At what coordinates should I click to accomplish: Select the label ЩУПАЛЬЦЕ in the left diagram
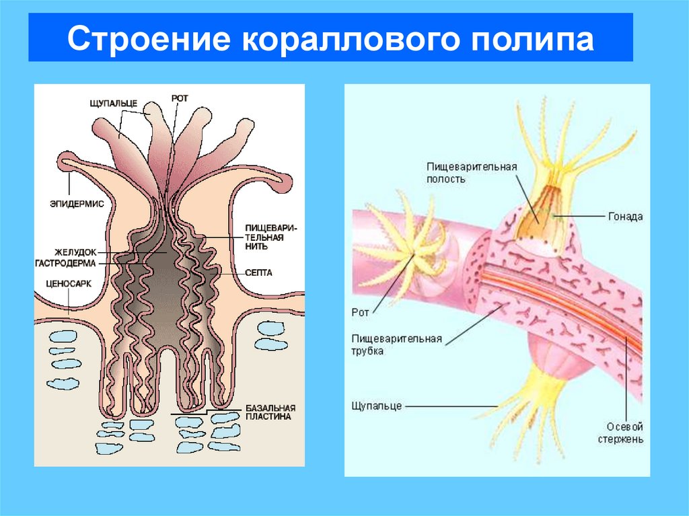point(114,103)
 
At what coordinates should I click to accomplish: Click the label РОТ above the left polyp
point(180,98)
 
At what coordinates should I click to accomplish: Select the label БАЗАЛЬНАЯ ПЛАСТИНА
point(267,412)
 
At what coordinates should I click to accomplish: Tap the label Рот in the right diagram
point(361,312)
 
